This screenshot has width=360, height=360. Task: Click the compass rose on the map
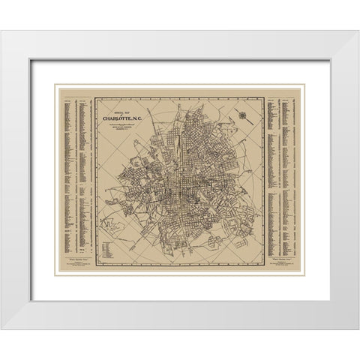click(x=243, y=114)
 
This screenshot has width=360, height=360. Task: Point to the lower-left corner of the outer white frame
click(x=3, y=328)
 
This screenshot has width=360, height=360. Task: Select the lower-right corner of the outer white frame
click(x=357, y=328)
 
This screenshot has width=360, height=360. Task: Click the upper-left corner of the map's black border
click(x=96, y=97)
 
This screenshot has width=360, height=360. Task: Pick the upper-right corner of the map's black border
click(x=264, y=97)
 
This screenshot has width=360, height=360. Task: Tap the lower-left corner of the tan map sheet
click(x=56, y=274)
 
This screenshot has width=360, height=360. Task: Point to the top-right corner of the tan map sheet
click(x=304, y=87)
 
